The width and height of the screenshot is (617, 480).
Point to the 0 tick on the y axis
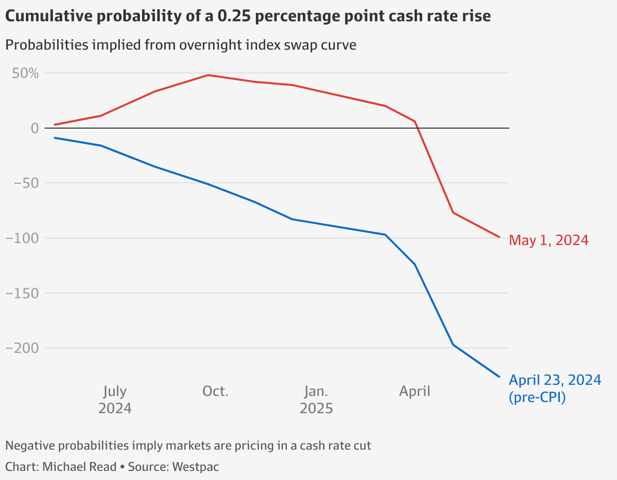click(x=34, y=128)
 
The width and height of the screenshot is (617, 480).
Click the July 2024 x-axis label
click(x=115, y=399)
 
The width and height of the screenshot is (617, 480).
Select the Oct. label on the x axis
click(x=215, y=391)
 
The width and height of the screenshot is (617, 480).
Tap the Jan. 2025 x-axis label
click(x=316, y=399)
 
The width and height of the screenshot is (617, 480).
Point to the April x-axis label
click(x=415, y=391)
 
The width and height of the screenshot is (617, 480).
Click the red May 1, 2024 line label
click(x=549, y=240)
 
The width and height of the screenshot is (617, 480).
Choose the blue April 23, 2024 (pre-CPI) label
click(x=555, y=388)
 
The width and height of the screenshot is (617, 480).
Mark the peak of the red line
click(x=208, y=75)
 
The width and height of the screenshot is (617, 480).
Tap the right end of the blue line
click(x=500, y=377)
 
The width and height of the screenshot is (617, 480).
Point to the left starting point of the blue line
click(x=55, y=138)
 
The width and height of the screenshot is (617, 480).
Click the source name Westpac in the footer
click(x=196, y=466)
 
